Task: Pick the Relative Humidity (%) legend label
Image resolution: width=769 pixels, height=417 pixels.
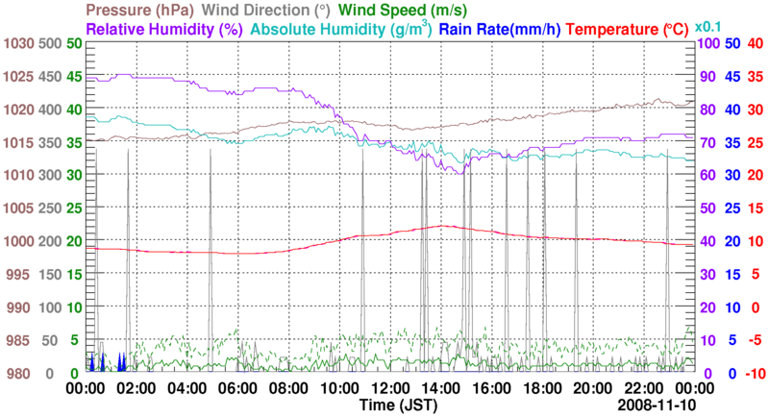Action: [163, 29]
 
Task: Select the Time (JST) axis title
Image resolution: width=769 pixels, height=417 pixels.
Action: [396, 407]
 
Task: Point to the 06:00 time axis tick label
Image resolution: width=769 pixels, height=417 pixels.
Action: [236, 388]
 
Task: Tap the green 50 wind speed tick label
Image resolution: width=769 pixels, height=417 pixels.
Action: [74, 43]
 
